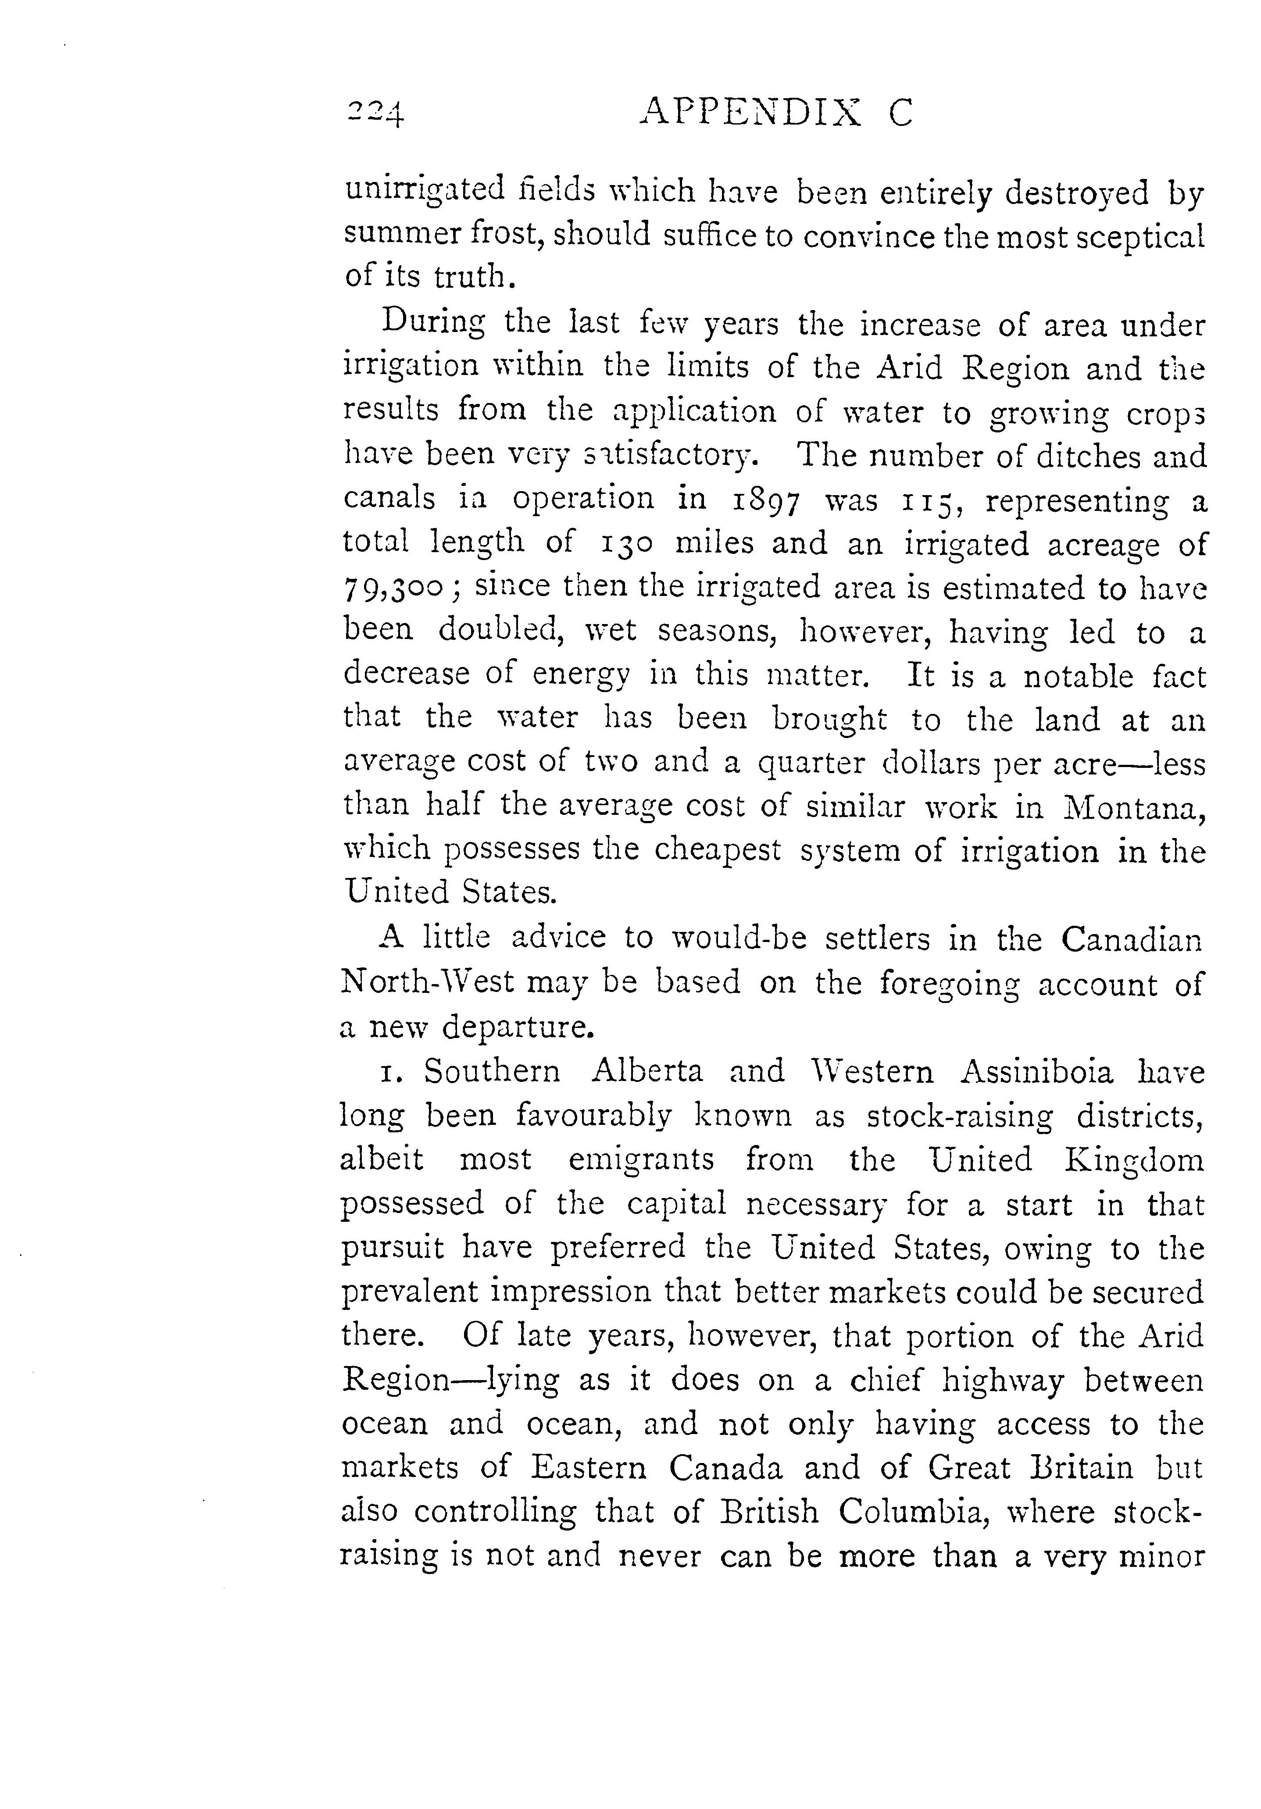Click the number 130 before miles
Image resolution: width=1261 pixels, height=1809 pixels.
click(628, 544)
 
